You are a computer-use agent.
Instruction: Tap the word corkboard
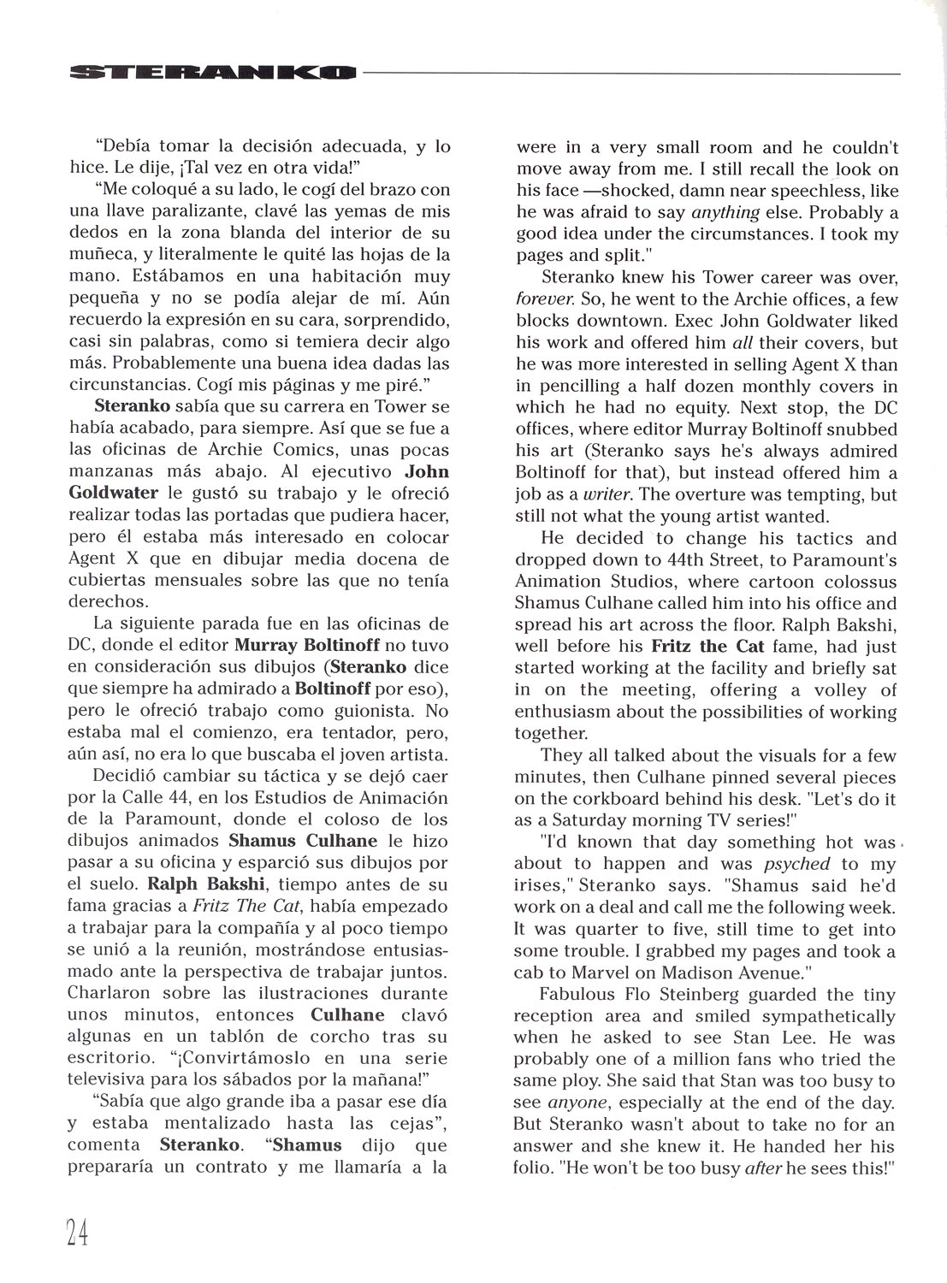[601, 799]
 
